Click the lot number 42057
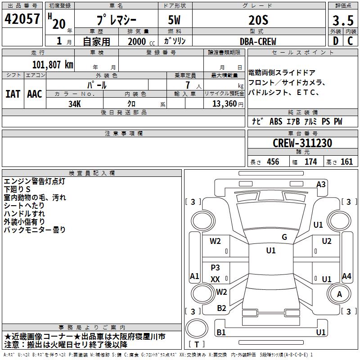(x=22, y=19)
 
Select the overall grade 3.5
(x=343, y=20)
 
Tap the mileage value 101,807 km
(x=53, y=65)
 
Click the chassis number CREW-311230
(x=302, y=143)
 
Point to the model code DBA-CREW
(x=258, y=41)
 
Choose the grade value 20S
(x=258, y=20)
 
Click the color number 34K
(x=75, y=104)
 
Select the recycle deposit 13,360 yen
(x=228, y=104)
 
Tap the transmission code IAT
(x=13, y=94)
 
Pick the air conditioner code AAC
(x=35, y=94)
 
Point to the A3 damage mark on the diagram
(x=321, y=184)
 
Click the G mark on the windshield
(x=284, y=237)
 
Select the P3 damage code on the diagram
(x=216, y=267)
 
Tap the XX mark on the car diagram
(x=216, y=279)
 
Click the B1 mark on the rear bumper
(x=221, y=332)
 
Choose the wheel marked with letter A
(x=339, y=293)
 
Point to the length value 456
(x=273, y=162)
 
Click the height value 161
(x=346, y=162)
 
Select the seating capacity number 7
(x=188, y=85)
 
